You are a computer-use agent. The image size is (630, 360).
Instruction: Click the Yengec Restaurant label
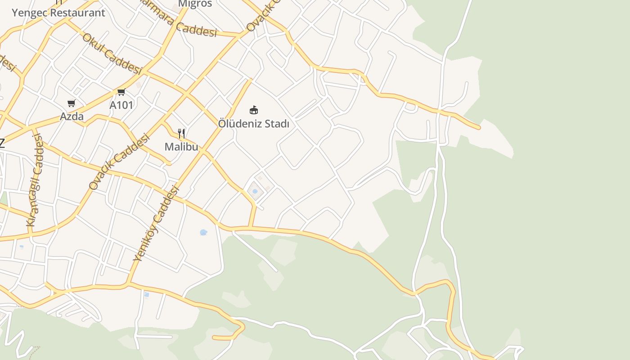pyautogui.click(x=58, y=13)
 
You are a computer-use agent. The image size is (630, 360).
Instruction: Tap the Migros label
pyautogui.click(x=195, y=4)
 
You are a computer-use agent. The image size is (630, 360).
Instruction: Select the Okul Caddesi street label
pyautogui.click(x=112, y=54)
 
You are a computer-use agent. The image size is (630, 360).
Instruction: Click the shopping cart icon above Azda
pyautogui.click(x=71, y=103)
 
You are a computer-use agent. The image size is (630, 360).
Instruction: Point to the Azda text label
pyautogui.click(x=72, y=117)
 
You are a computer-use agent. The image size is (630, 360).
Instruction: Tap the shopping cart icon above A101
pyautogui.click(x=121, y=92)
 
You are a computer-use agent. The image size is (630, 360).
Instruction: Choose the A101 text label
pyautogui.click(x=121, y=105)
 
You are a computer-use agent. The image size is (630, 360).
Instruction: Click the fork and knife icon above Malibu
pyautogui.click(x=181, y=133)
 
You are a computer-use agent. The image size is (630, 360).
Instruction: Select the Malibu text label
pyautogui.click(x=181, y=147)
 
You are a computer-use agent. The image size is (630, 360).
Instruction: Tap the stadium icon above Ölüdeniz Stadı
pyautogui.click(x=254, y=110)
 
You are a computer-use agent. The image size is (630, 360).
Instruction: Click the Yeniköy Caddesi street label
pyautogui.click(x=156, y=224)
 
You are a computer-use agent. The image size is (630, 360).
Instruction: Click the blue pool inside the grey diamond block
pyautogui.click(x=255, y=191)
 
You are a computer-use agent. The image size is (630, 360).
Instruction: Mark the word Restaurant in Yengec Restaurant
pyautogui.click(x=77, y=13)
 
